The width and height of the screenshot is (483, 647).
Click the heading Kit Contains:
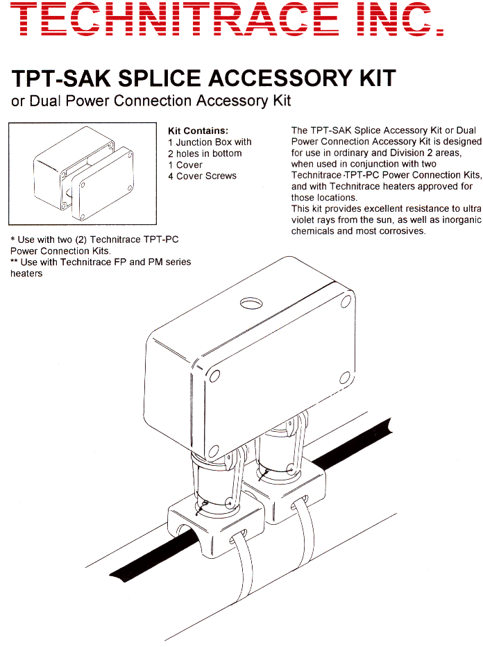click(x=198, y=131)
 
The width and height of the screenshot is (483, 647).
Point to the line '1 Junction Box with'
click(x=210, y=142)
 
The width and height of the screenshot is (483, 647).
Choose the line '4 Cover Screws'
click(x=202, y=176)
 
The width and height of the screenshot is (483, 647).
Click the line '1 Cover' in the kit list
click(x=185, y=165)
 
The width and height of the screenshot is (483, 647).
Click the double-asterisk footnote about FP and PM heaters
click(x=101, y=267)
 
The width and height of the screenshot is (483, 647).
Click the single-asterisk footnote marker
click(x=12, y=240)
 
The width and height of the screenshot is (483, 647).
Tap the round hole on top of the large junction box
click(x=251, y=303)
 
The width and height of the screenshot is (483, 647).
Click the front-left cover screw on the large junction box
click(x=214, y=376)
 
